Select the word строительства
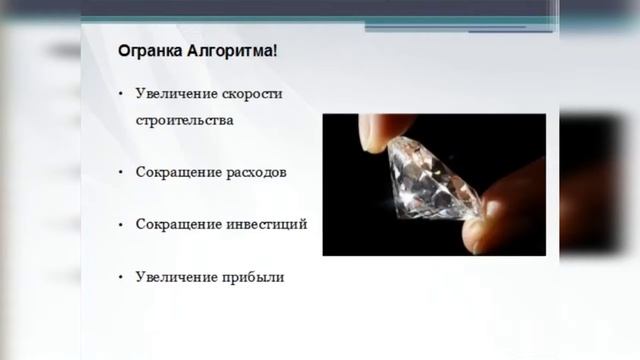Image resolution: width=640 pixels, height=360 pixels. [185, 121]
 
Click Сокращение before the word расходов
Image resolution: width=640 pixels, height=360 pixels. [178, 172]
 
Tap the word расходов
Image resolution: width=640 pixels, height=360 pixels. [256, 172]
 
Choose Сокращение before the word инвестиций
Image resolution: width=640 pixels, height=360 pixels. [178, 224]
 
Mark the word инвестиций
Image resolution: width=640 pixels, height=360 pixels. [265, 224]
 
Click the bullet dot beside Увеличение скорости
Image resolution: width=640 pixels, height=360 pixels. [120, 94]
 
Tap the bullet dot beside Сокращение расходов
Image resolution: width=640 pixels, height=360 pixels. [120, 172]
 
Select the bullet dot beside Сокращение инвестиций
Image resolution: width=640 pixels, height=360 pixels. [120, 224]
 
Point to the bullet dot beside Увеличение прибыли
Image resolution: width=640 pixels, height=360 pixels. [120, 277]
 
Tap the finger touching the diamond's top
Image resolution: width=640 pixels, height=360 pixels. [385, 130]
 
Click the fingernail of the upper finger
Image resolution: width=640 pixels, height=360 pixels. [372, 137]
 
